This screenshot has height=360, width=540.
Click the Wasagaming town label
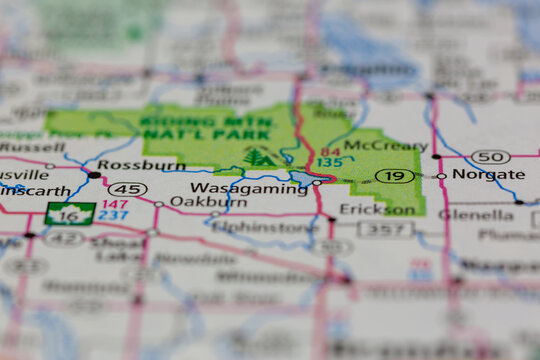point(248,187)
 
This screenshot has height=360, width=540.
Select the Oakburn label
point(194,201)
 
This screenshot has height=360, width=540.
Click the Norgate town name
point(488,174)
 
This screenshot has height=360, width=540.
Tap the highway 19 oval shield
point(395,176)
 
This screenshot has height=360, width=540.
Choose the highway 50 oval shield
point(490,157)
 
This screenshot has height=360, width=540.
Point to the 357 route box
point(386,229)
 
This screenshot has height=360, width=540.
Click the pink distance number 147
point(114,204)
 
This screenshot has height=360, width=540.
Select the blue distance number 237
point(114,216)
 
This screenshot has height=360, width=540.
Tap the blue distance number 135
point(329,162)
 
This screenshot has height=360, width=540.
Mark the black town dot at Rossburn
point(94,174)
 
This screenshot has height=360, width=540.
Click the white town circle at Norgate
point(441,176)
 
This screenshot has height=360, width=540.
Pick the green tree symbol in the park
point(258,157)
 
